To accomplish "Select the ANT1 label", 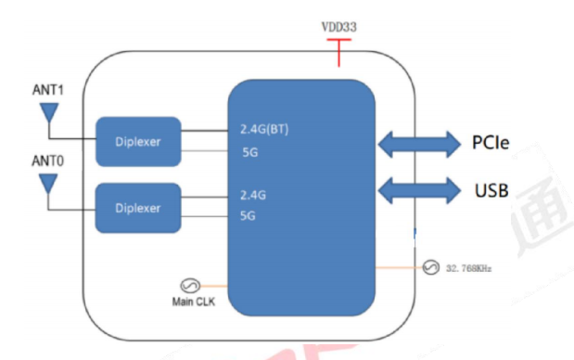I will (47, 89).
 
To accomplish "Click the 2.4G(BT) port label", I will (264, 129).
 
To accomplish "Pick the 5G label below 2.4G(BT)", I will (249, 150).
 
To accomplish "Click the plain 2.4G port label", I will (252, 196).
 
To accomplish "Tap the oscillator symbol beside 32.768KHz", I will (430, 268).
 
